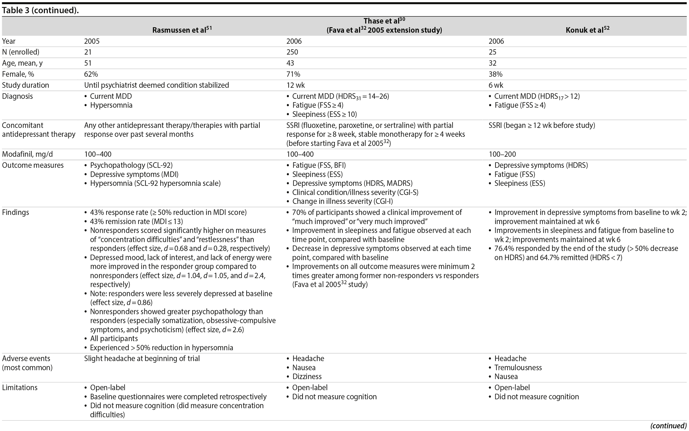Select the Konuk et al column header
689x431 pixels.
click(587, 30)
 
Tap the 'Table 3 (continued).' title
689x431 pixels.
click(40, 10)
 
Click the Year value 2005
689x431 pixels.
click(92, 41)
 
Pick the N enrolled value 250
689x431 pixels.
click(292, 52)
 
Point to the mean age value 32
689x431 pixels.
click(492, 63)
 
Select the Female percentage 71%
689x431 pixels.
click(293, 74)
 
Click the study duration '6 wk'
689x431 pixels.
click(496, 85)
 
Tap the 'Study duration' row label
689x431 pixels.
click(25, 85)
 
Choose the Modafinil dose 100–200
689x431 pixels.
click(502, 154)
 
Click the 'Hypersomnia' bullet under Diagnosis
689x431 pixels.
click(111, 105)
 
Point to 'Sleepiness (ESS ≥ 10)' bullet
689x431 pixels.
click(324, 114)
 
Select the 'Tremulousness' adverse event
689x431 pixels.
click(518, 367)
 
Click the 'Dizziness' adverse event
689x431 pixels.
click(307, 377)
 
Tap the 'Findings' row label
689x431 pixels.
click(15, 212)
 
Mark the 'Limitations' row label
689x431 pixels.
click(20, 388)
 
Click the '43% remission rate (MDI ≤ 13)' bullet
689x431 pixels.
click(136, 221)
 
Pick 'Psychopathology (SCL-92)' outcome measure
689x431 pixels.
click(131, 165)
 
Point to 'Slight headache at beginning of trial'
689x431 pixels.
click(142, 358)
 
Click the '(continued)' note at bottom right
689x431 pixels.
click(668, 426)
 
